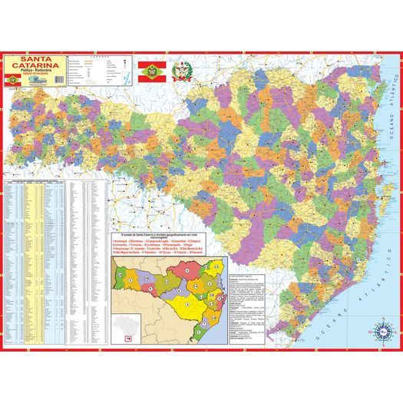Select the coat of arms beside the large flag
tap(184, 74)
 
